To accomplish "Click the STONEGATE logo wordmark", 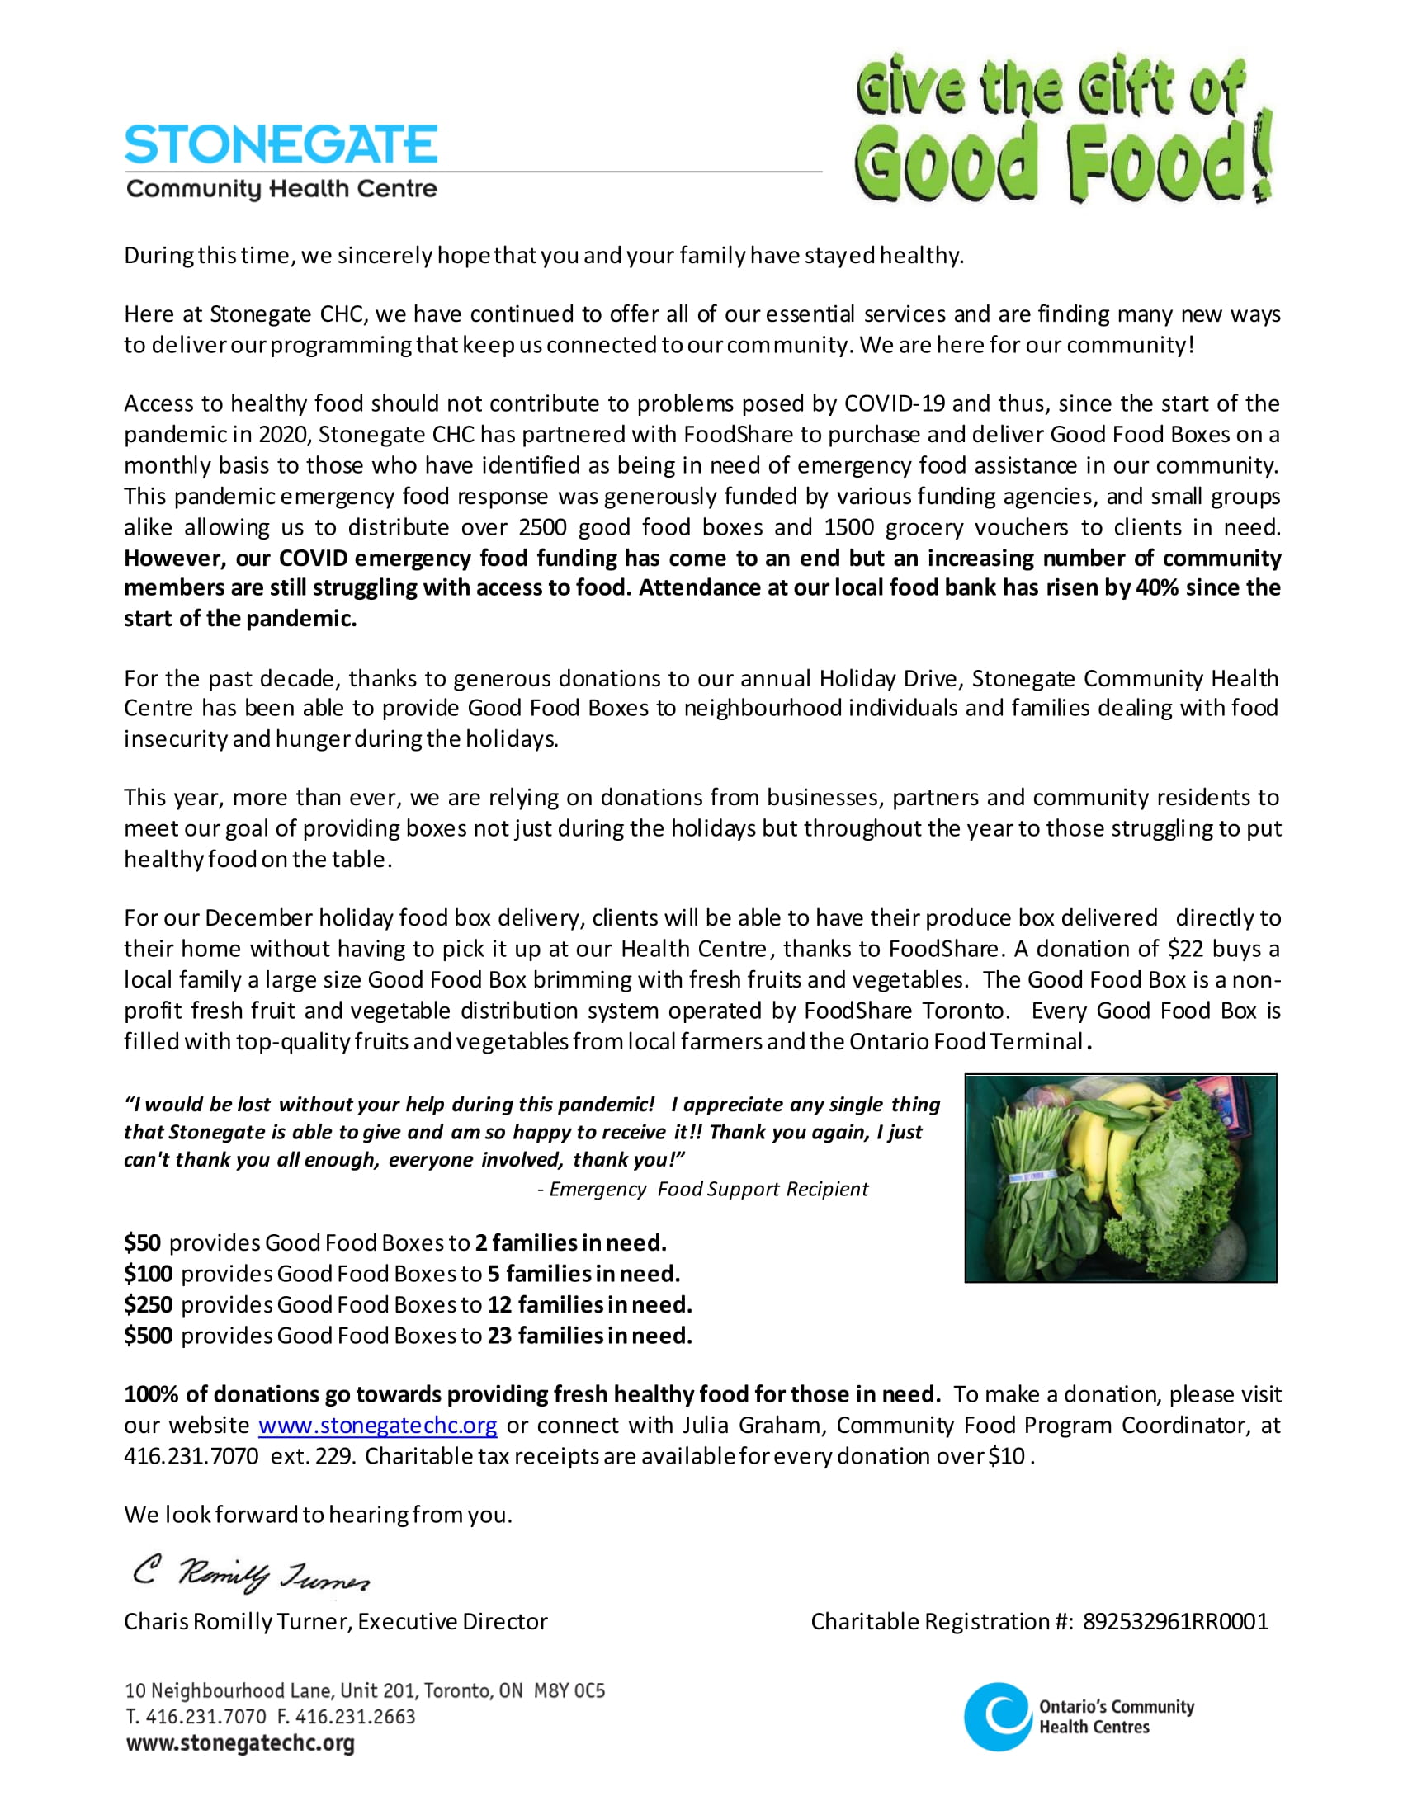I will pos(281,144).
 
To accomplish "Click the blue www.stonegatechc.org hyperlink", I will pos(377,1426).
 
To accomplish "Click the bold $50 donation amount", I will pos(142,1243).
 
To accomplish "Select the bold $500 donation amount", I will pos(148,1336).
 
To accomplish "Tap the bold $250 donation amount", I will pos(148,1305).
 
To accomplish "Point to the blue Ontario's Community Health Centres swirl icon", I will pos(998,1716).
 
